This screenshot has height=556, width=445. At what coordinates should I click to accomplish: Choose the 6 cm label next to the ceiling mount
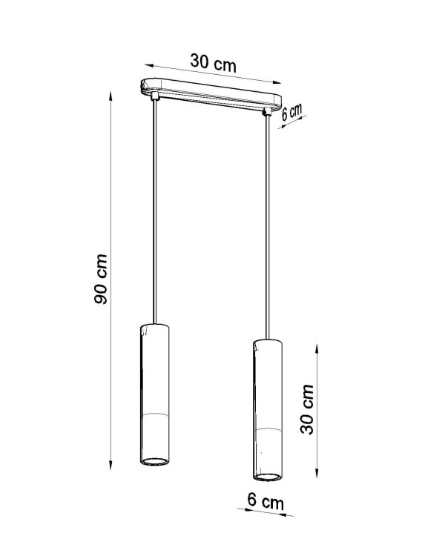click(294, 113)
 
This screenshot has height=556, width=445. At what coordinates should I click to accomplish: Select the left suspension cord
click(154, 215)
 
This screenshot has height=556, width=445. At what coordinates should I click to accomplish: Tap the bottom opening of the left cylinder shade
click(154, 463)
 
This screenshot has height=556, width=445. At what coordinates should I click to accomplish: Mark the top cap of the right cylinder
click(268, 342)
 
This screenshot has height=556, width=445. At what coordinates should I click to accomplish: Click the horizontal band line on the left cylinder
click(154, 410)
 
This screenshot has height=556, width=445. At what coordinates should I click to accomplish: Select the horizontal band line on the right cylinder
click(268, 429)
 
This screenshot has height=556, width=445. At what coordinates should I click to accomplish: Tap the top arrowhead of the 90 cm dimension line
click(111, 94)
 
